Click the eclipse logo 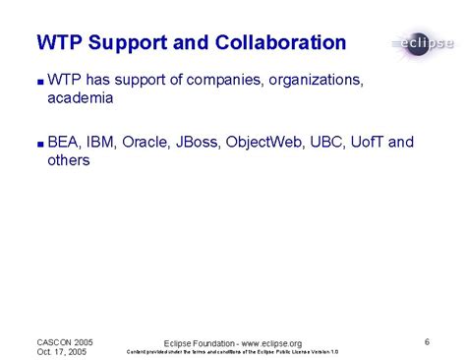422,43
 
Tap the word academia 81,98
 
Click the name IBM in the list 100,142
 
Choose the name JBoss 199,142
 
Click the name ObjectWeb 265,142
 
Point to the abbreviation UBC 326,142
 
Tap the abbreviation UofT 369,142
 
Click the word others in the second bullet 69,160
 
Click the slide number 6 428,341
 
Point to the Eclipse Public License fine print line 233,352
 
